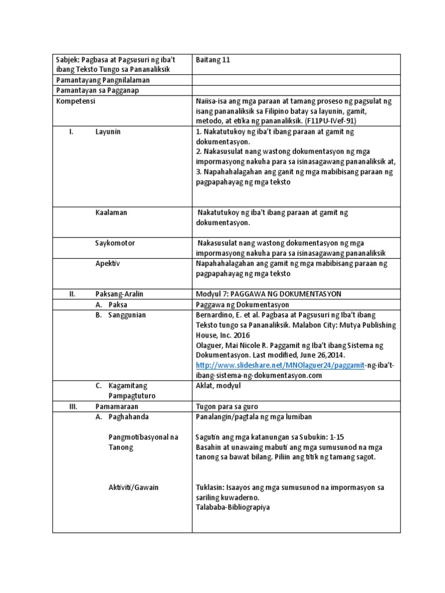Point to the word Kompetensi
click(76, 101)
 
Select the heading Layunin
click(108, 132)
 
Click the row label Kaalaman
click(111, 213)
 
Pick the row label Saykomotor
click(115, 243)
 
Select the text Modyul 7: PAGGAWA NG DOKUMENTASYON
click(269, 294)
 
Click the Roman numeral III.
click(73, 406)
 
